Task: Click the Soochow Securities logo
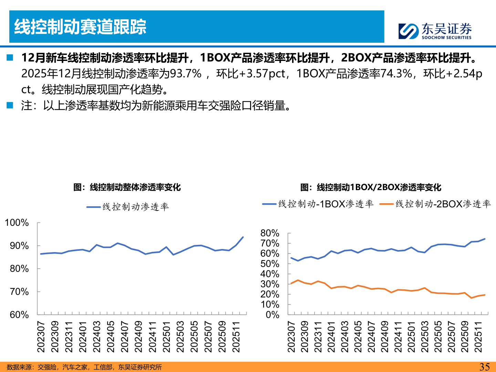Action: pyautogui.click(x=435, y=31)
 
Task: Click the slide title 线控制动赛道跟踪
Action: pyautogui.click(x=80, y=27)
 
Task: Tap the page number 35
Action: pyautogui.click(x=484, y=366)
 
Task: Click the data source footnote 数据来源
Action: pyautogui.click(x=84, y=367)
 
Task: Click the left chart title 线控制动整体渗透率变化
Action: pyautogui.click(x=127, y=187)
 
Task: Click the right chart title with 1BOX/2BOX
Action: pyautogui.click(x=371, y=187)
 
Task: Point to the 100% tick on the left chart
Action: pyautogui.click(x=17, y=223)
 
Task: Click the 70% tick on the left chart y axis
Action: pyautogui.click(x=19, y=292)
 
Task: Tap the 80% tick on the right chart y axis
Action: pyautogui.click(x=270, y=233)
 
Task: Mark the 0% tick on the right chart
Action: pyautogui.click(x=272, y=315)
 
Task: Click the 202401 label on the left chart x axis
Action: pyautogui.click(x=83, y=337)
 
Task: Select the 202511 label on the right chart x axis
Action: pyautogui.click(x=478, y=337)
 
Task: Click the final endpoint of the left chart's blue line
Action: pyautogui.click(x=243, y=237)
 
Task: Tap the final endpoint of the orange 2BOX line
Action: pyautogui.click(x=485, y=295)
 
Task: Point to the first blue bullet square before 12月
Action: pyautogui.click(x=10, y=58)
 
